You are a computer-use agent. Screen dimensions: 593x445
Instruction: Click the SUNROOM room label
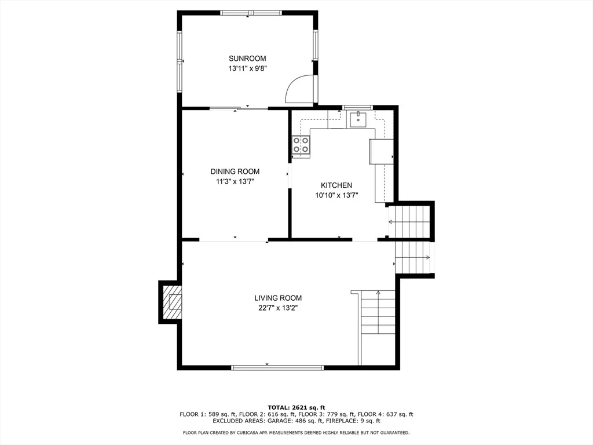click(247, 59)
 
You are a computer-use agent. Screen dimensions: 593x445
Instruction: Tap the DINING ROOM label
click(235, 172)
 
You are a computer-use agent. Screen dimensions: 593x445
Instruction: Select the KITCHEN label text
click(336, 185)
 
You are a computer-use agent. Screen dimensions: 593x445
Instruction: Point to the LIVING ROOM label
click(278, 298)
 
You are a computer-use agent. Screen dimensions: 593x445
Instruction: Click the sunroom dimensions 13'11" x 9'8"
click(247, 68)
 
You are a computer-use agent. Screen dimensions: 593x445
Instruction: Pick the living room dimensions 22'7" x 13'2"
click(278, 308)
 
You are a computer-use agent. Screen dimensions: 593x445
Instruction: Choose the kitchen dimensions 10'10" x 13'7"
click(336, 195)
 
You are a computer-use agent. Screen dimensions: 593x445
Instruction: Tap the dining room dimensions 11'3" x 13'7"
click(235, 181)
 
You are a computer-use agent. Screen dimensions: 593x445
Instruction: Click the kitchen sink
click(358, 119)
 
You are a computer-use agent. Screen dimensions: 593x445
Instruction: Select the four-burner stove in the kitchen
click(301, 145)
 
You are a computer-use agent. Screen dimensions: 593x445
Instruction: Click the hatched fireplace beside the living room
click(172, 302)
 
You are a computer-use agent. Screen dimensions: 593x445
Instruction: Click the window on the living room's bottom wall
click(277, 367)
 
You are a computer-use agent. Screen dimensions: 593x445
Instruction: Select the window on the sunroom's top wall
click(251, 13)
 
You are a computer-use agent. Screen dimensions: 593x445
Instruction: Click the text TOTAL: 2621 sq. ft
click(296, 407)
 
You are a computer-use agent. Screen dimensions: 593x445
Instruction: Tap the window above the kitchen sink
click(357, 107)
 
